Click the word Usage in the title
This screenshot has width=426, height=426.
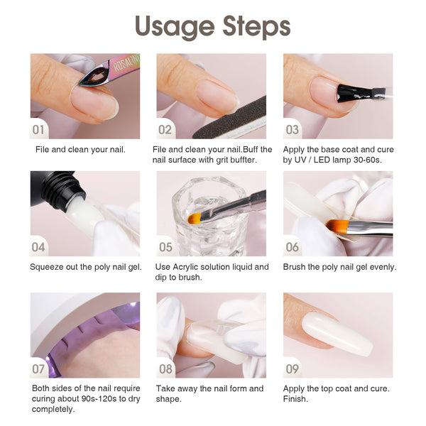pyautogui.click(x=175, y=27)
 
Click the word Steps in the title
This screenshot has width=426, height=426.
pyautogui.click(x=256, y=26)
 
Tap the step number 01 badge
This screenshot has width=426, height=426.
pyautogui.click(x=38, y=130)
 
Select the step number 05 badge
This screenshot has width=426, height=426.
pyautogui.click(x=165, y=247)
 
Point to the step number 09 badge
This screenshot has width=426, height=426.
pyautogui.click(x=292, y=369)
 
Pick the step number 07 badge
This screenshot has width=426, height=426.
pyautogui.click(x=38, y=369)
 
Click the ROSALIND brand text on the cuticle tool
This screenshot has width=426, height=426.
pyautogui.click(x=126, y=62)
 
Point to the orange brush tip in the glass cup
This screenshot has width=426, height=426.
pyautogui.click(x=194, y=218)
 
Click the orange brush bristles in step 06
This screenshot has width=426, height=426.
pyautogui.click(x=337, y=226)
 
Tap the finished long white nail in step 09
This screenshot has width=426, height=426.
pyautogui.click(x=337, y=334)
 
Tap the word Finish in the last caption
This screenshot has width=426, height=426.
pyautogui.click(x=295, y=399)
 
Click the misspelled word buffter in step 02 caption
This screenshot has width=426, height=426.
pyautogui.click(x=243, y=160)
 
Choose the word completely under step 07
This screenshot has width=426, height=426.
pyautogui.click(x=53, y=410)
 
